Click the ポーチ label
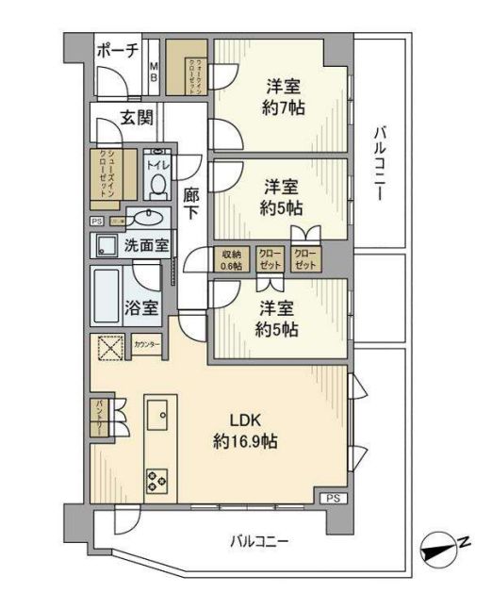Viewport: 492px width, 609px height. pyautogui.click(x=118, y=51)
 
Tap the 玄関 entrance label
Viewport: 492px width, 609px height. pyautogui.click(x=137, y=118)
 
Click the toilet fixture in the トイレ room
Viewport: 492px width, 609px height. pyautogui.click(x=157, y=183)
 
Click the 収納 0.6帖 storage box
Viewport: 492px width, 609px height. pyautogui.click(x=231, y=259)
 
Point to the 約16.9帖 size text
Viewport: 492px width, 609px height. pyautogui.click(x=244, y=441)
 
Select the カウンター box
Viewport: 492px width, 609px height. pyautogui.click(x=146, y=345)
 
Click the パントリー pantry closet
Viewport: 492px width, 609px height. pyautogui.click(x=99, y=414)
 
